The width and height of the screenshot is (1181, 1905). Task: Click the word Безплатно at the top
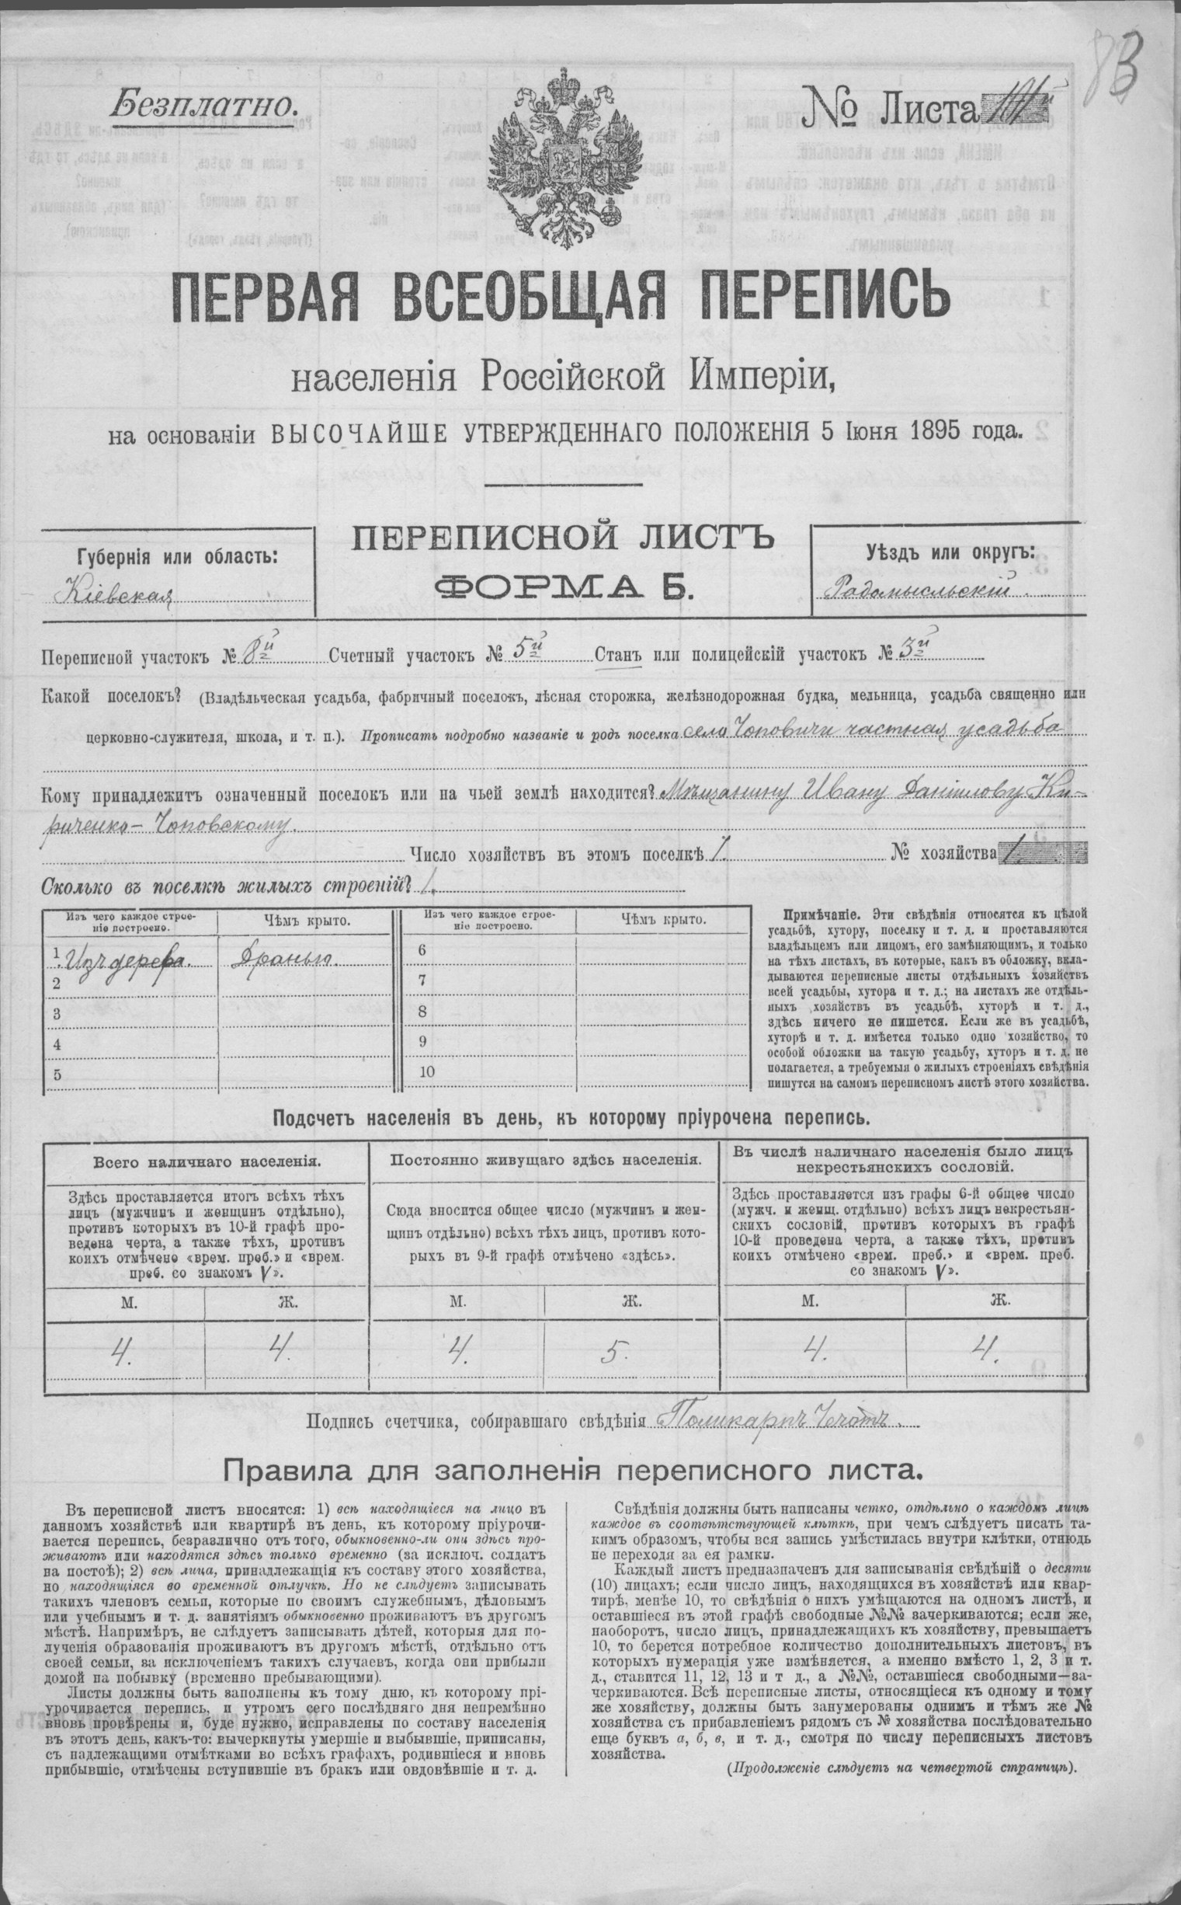click(204, 103)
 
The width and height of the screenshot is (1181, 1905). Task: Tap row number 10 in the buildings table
click(426, 1071)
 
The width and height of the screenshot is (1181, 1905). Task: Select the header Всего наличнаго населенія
click(206, 1161)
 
